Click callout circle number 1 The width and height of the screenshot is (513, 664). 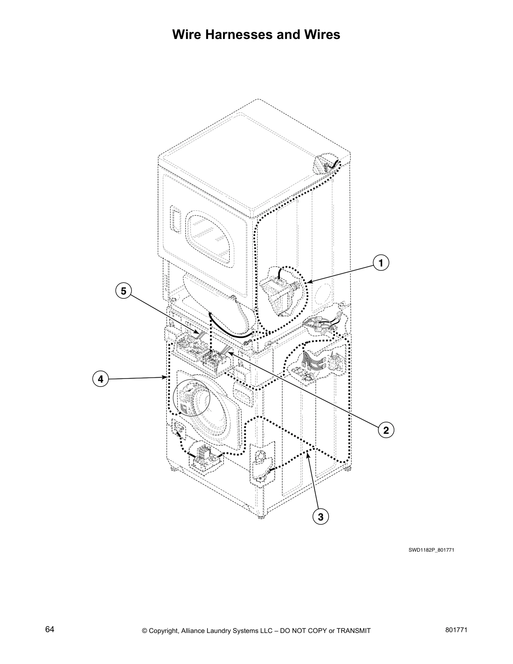(381, 263)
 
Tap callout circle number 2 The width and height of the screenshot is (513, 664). (386, 430)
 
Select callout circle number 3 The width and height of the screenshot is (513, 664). (321, 517)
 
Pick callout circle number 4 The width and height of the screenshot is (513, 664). (100, 379)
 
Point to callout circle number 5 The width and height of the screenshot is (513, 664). (123, 290)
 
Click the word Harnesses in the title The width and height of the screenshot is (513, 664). (238, 34)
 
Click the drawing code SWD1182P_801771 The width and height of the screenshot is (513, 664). (431, 550)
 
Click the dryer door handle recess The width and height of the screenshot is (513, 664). (175, 219)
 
